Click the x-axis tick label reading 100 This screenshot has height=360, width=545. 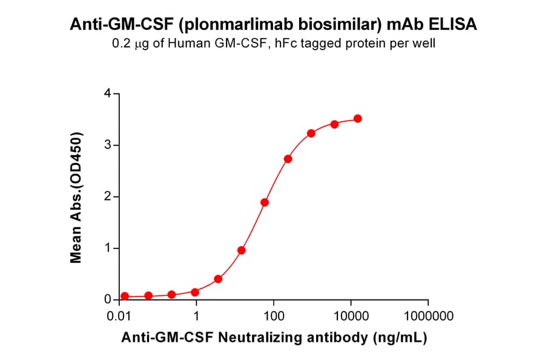coord(274,316)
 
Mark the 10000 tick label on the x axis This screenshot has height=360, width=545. coord(351,316)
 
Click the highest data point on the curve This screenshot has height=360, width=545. coord(358,119)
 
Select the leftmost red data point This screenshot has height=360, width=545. coord(125,296)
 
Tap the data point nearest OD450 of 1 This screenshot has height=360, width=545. coord(242,250)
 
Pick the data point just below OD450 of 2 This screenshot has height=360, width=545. coord(265,202)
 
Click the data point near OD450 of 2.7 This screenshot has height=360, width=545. coord(288,159)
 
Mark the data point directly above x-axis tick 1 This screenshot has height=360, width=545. coord(195,292)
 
